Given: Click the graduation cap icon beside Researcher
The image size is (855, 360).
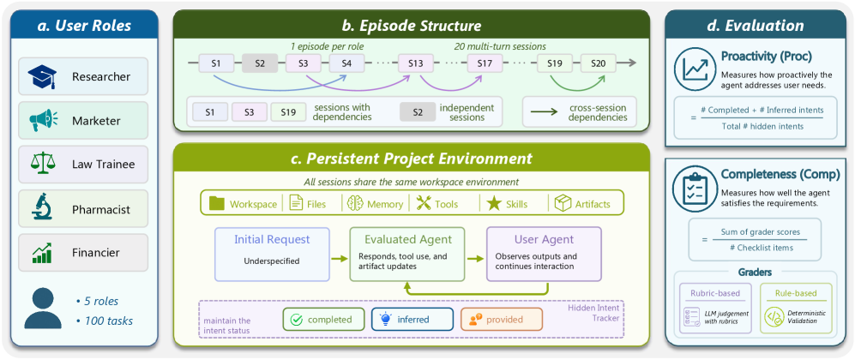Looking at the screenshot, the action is [42, 77].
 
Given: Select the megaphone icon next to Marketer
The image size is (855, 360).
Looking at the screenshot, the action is [42, 120].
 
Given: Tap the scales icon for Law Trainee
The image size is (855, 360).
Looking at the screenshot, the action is [42, 164].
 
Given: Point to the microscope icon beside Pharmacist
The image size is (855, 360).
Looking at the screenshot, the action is [42, 208].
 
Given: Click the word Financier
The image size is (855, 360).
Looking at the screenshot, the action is [96, 253].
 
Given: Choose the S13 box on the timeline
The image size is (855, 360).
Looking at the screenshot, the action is [416, 63].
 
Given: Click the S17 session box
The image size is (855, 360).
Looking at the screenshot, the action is [485, 63].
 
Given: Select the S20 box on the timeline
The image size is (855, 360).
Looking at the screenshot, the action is [599, 63].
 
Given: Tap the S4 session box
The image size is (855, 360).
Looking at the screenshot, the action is [346, 63].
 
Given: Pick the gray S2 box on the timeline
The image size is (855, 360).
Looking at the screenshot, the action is [260, 63].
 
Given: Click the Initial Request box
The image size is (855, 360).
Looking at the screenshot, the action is [272, 255].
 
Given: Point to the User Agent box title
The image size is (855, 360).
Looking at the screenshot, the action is [544, 239].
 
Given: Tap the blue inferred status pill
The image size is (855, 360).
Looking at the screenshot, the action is [412, 319].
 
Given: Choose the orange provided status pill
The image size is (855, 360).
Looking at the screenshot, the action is [502, 319].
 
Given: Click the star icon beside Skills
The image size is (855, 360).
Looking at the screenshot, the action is [494, 204].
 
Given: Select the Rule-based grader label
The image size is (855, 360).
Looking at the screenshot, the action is [796, 293].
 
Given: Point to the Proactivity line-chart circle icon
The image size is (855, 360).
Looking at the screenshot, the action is [695, 67].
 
